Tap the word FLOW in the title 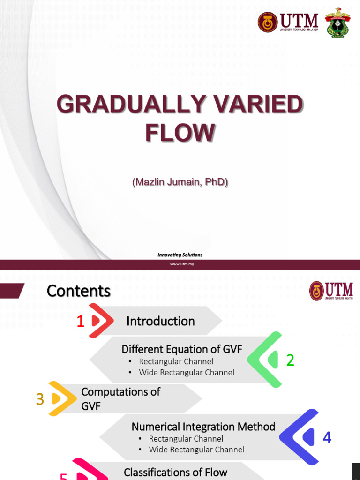(180, 132)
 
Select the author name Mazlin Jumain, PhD (180, 182)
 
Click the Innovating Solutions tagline (180, 255)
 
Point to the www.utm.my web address (182, 264)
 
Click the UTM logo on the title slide (288, 22)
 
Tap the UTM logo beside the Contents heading (331, 291)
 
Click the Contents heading (78, 291)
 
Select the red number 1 (81, 322)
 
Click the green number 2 (290, 360)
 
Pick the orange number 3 (40, 399)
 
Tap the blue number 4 (327, 438)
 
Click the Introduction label (160, 321)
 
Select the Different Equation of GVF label (182, 349)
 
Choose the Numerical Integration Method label (203, 427)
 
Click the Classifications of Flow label (175, 472)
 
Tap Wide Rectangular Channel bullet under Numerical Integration (196, 450)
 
